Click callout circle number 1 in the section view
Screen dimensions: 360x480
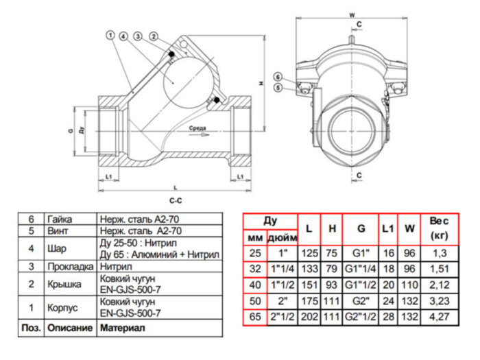point(110,34)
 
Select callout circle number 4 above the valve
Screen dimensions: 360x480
point(123,35)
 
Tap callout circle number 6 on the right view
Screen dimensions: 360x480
point(277,76)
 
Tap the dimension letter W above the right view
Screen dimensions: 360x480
point(351,14)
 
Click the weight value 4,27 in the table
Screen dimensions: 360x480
point(439,317)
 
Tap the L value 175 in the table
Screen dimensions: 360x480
point(310,301)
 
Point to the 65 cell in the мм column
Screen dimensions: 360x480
point(255,317)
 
